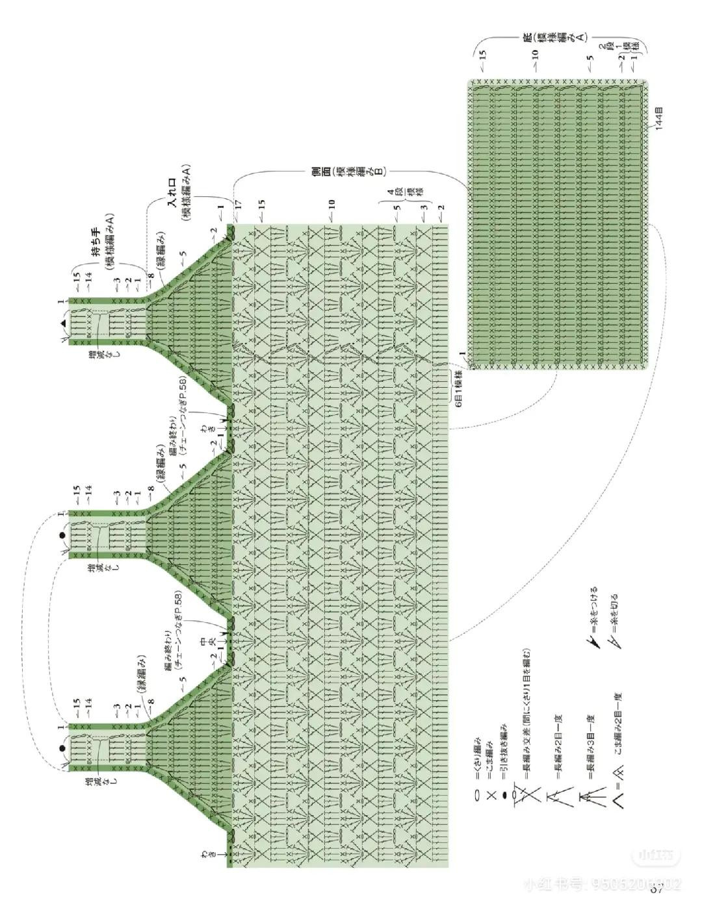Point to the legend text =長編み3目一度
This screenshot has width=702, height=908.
point(590,744)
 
